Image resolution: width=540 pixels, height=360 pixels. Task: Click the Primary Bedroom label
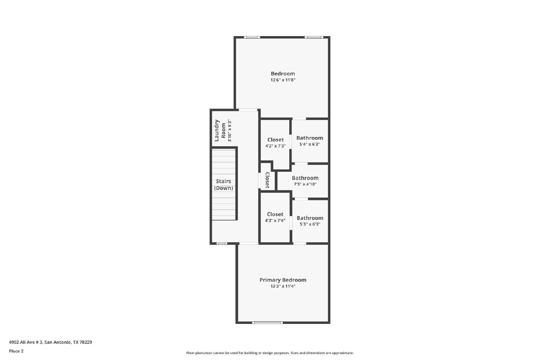click(283, 280)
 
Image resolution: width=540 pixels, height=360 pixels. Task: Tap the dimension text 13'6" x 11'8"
click(283, 80)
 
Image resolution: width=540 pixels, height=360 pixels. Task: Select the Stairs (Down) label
click(223, 185)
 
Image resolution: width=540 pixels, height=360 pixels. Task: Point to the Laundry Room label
click(220, 130)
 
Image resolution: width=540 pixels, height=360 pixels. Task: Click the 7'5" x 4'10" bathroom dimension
click(305, 184)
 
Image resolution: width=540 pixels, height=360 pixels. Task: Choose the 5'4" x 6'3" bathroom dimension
click(309, 144)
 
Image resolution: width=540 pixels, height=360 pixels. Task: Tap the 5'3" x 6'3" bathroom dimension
click(310, 224)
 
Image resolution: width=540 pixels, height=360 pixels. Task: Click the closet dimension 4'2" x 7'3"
click(275, 146)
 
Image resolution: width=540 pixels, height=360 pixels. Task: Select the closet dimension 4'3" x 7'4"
click(275, 220)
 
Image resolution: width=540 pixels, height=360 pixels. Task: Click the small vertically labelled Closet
click(267, 180)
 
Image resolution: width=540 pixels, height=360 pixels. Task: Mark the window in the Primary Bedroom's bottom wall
click(267, 323)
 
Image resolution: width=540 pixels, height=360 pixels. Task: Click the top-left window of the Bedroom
click(252, 37)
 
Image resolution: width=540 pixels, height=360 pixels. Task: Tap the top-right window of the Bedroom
click(314, 37)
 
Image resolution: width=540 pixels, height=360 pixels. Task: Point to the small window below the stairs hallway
click(221, 243)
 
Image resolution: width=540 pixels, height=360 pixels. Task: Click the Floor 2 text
click(17, 351)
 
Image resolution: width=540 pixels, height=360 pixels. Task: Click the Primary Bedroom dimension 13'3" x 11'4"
click(283, 286)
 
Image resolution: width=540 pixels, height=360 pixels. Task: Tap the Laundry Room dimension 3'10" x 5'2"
click(230, 130)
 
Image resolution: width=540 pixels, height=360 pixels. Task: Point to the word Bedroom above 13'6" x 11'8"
click(283, 74)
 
